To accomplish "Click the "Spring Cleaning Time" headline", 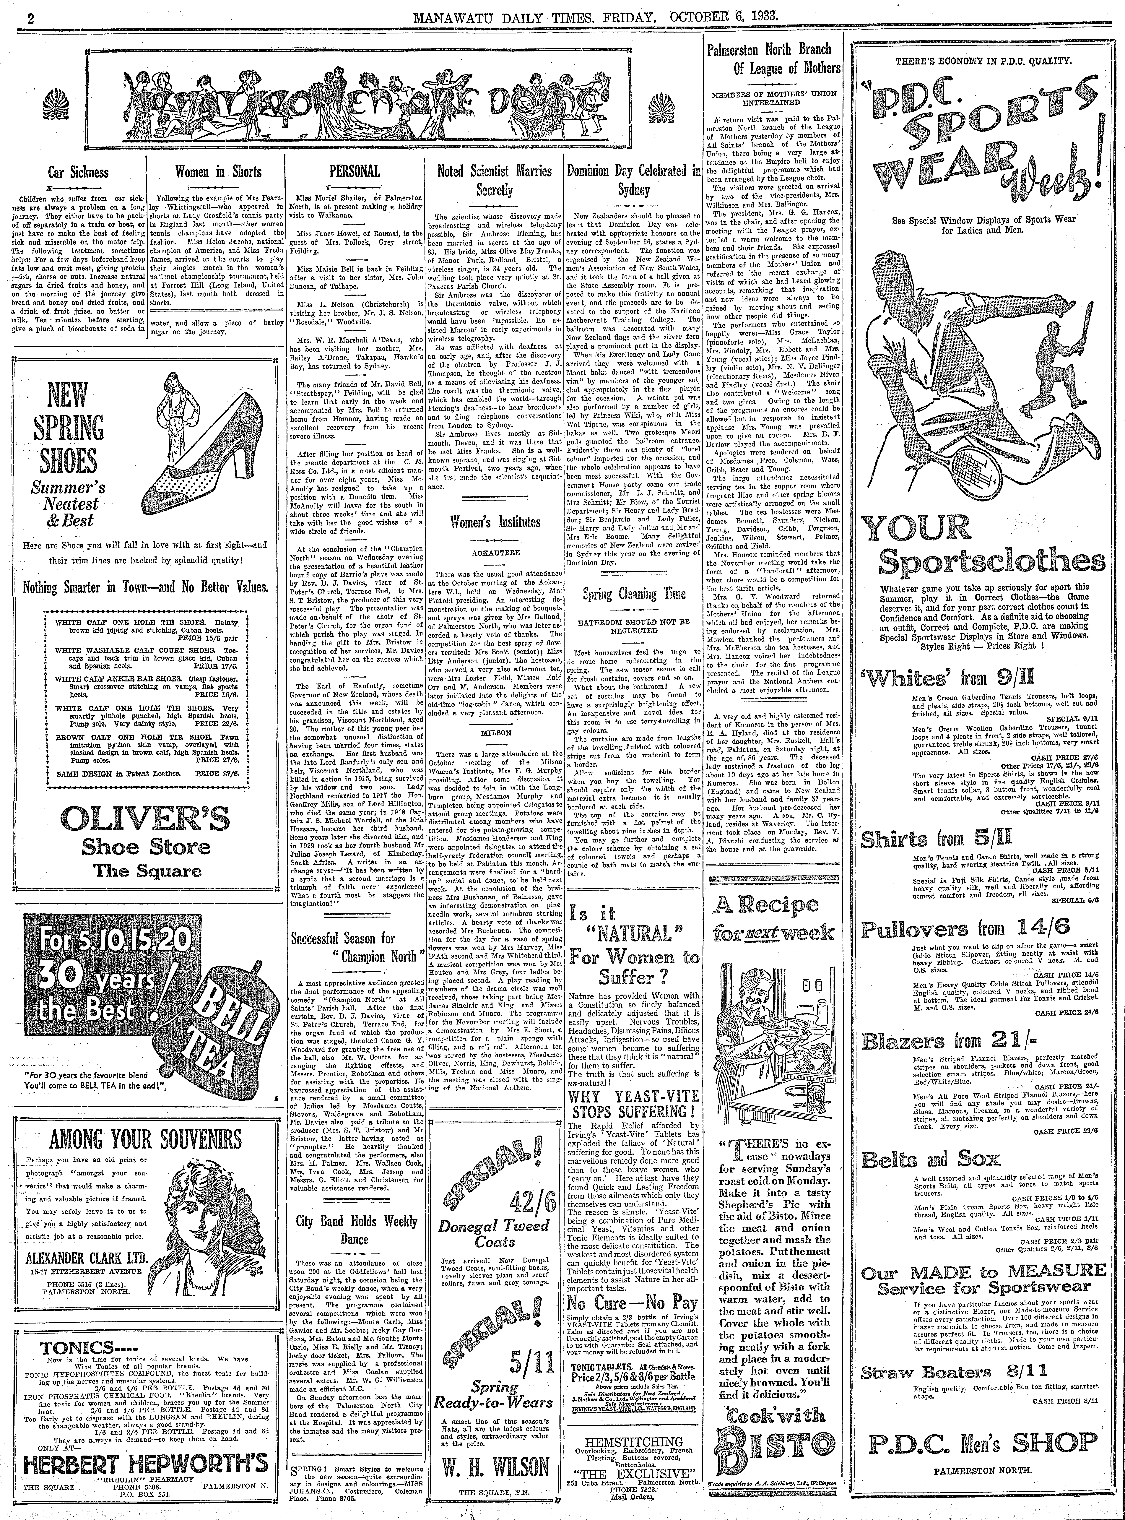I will click(x=634, y=595).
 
